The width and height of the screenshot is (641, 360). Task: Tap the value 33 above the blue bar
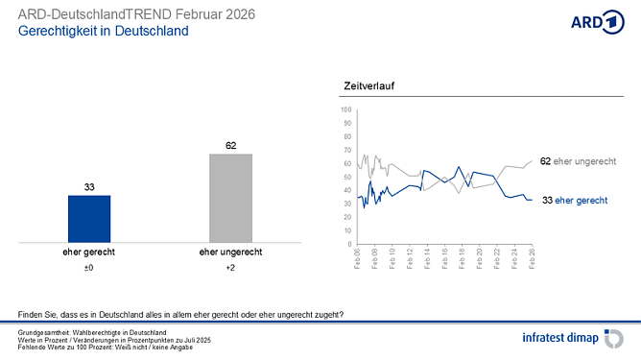(88, 187)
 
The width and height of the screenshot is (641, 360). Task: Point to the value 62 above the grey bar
(230, 146)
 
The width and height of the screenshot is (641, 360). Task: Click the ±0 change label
(88, 268)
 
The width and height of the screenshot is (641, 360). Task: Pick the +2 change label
(230, 268)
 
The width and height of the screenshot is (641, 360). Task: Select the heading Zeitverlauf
(369, 87)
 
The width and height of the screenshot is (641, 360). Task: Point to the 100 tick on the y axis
(347, 110)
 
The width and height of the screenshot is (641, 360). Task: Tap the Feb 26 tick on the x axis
(533, 257)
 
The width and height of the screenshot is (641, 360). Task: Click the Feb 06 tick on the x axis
(357, 257)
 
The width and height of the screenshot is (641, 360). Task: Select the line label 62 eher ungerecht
(577, 161)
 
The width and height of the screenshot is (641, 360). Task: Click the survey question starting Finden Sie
(180, 315)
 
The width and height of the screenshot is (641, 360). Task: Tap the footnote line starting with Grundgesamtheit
(92, 332)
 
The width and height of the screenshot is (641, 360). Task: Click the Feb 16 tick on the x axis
(445, 257)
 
